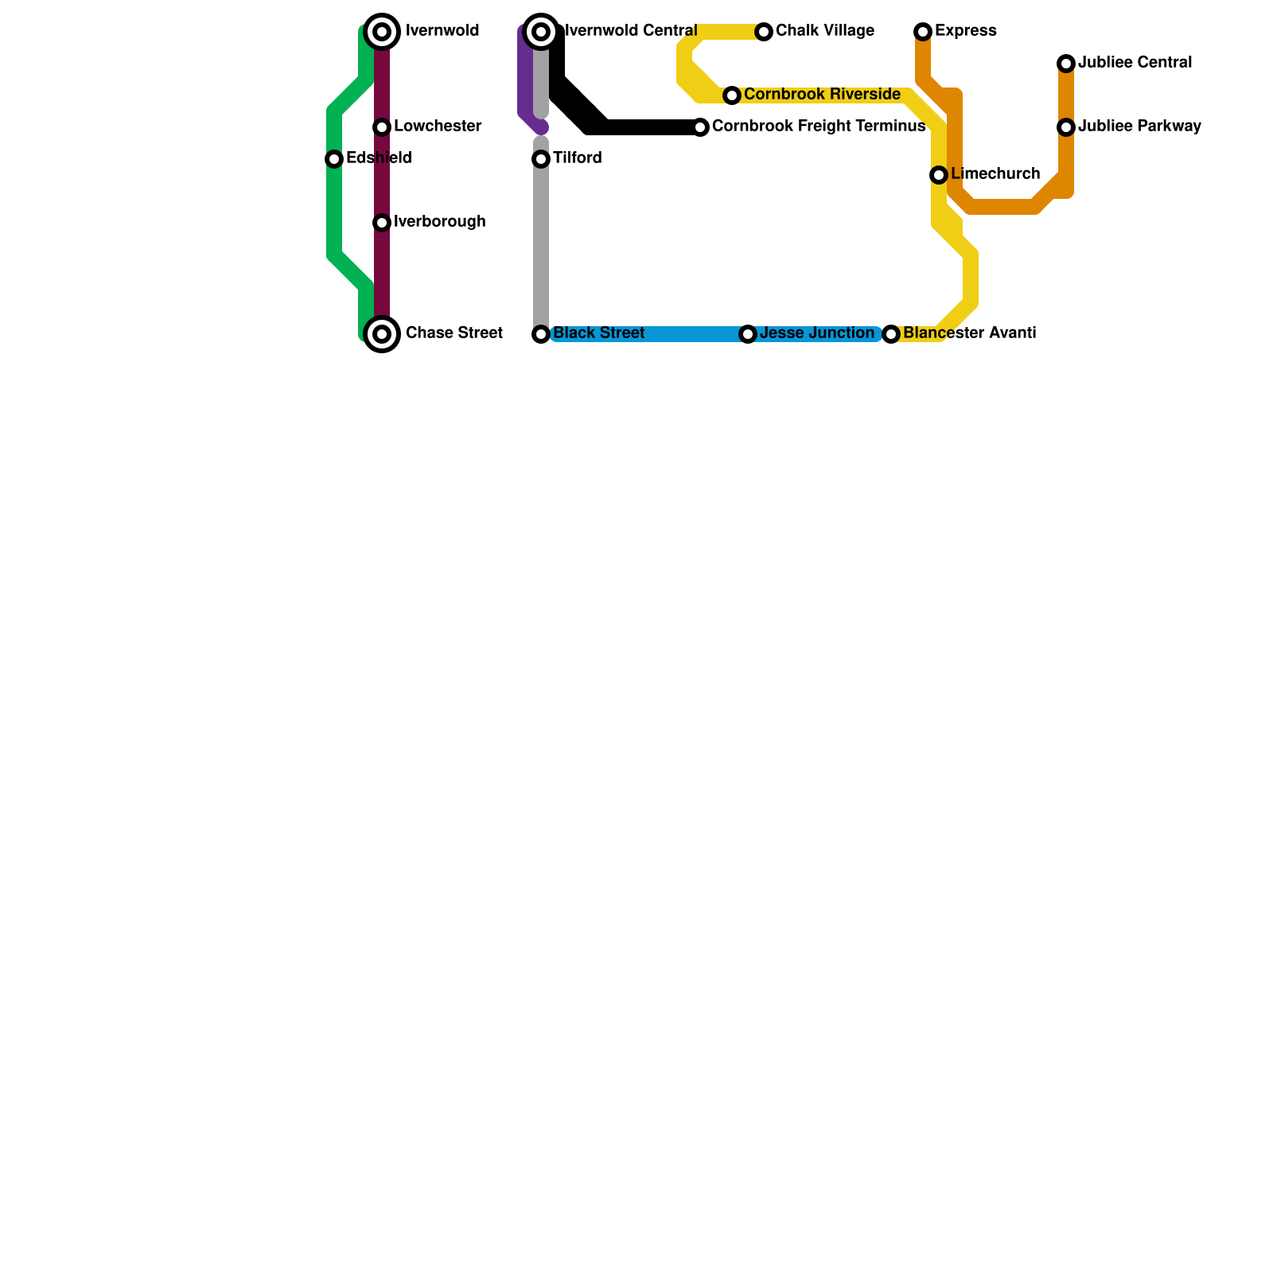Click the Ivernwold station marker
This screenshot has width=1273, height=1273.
(382, 32)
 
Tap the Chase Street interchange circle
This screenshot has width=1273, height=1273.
(382, 334)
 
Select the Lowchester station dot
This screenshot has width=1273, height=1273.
(382, 127)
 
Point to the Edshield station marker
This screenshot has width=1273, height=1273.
(334, 159)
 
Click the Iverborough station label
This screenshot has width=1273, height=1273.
(439, 222)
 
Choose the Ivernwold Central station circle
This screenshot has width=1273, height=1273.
(541, 32)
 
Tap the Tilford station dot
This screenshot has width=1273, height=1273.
(541, 159)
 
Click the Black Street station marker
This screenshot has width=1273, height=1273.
(541, 334)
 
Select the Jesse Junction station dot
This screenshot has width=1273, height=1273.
(748, 334)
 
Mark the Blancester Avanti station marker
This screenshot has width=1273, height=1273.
(891, 334)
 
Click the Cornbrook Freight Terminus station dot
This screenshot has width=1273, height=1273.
(700, 127)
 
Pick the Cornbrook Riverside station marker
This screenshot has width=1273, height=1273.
(732, 95)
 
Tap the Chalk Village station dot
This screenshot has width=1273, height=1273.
(764, 32)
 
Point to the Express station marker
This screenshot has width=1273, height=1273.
(923, 32)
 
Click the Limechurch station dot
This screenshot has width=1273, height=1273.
(939, 175)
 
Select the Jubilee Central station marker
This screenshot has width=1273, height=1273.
(1066, 64)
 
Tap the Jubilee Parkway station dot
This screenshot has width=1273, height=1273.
(1066, 127)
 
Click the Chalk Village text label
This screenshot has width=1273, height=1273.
(824, 31)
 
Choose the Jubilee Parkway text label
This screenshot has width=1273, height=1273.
(1139, 127)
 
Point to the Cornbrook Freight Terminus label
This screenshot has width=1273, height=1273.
(818, 127)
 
